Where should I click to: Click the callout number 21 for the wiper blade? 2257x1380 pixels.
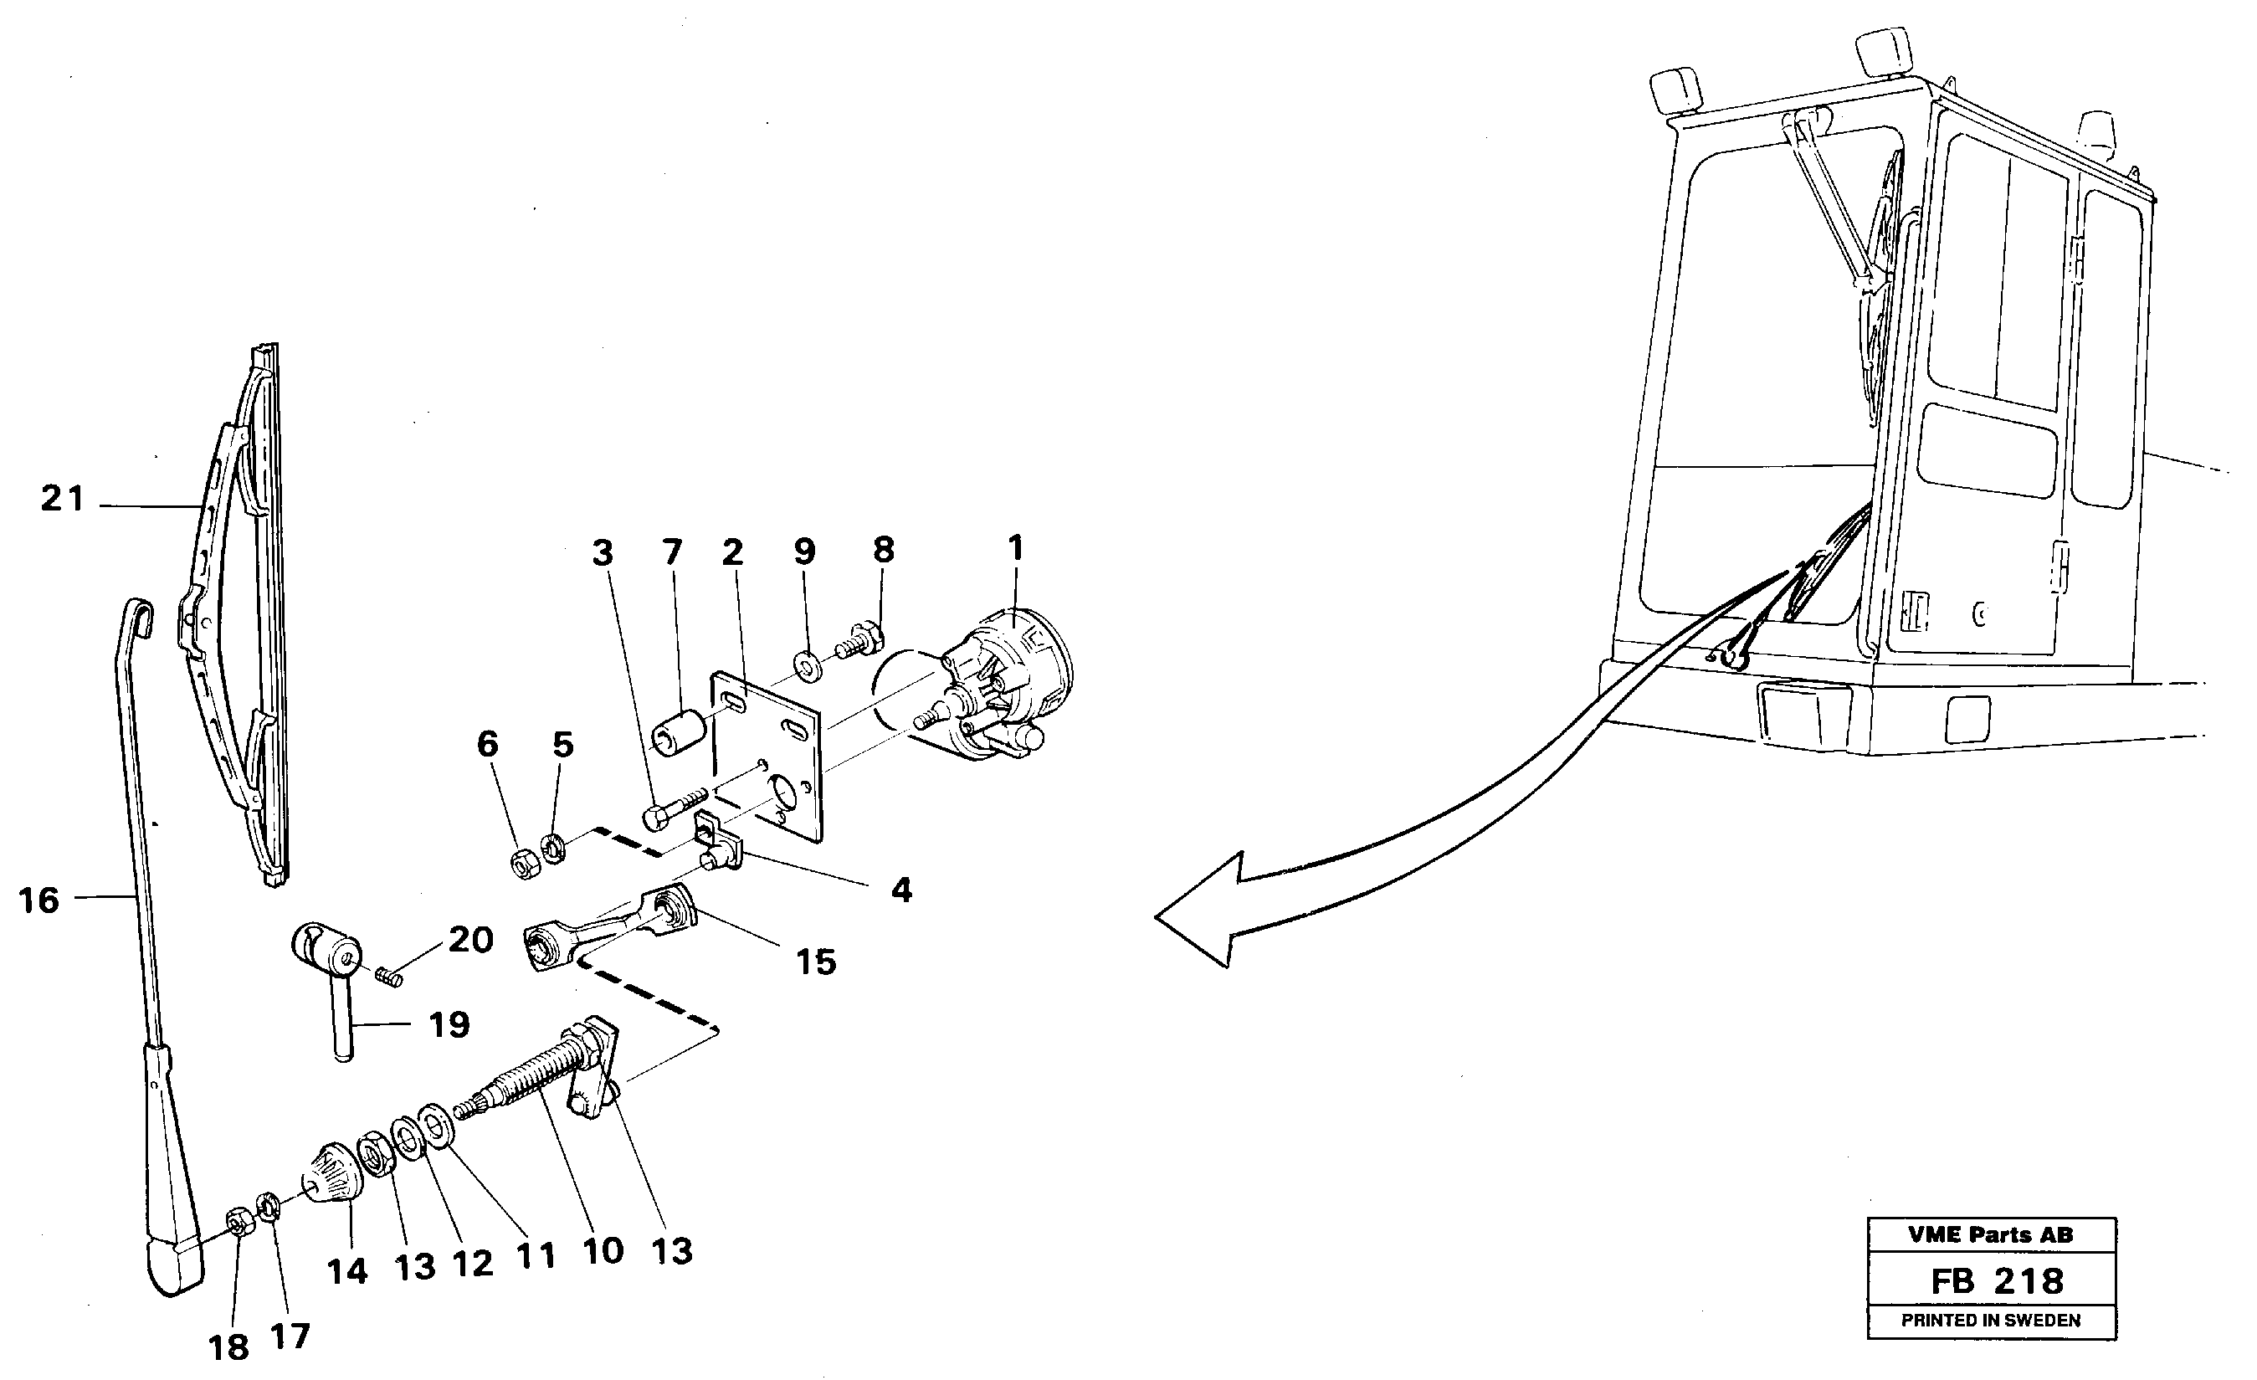(x=62, y=499)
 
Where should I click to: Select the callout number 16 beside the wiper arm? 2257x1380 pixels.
(x=39, y=900)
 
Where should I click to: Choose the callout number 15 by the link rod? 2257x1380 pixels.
(x=815, y=962)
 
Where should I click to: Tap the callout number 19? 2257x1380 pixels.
(x=449, y=1024)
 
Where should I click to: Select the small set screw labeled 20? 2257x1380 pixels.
(x=391, y=979)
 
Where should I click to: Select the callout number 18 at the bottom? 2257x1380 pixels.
(x=229, y=1347)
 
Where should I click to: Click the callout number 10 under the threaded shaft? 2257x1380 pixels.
(x=603, y=1251)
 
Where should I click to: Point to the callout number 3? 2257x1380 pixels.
(x=603, y=553)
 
